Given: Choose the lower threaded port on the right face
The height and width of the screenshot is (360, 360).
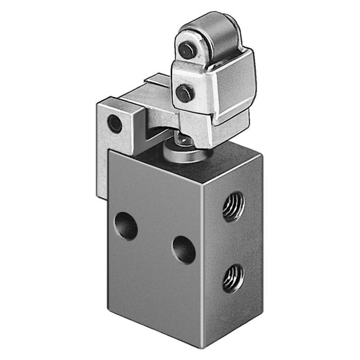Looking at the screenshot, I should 233,278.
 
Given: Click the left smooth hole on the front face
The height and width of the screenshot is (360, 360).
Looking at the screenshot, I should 126,226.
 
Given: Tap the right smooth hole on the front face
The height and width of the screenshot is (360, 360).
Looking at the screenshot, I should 184,250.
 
